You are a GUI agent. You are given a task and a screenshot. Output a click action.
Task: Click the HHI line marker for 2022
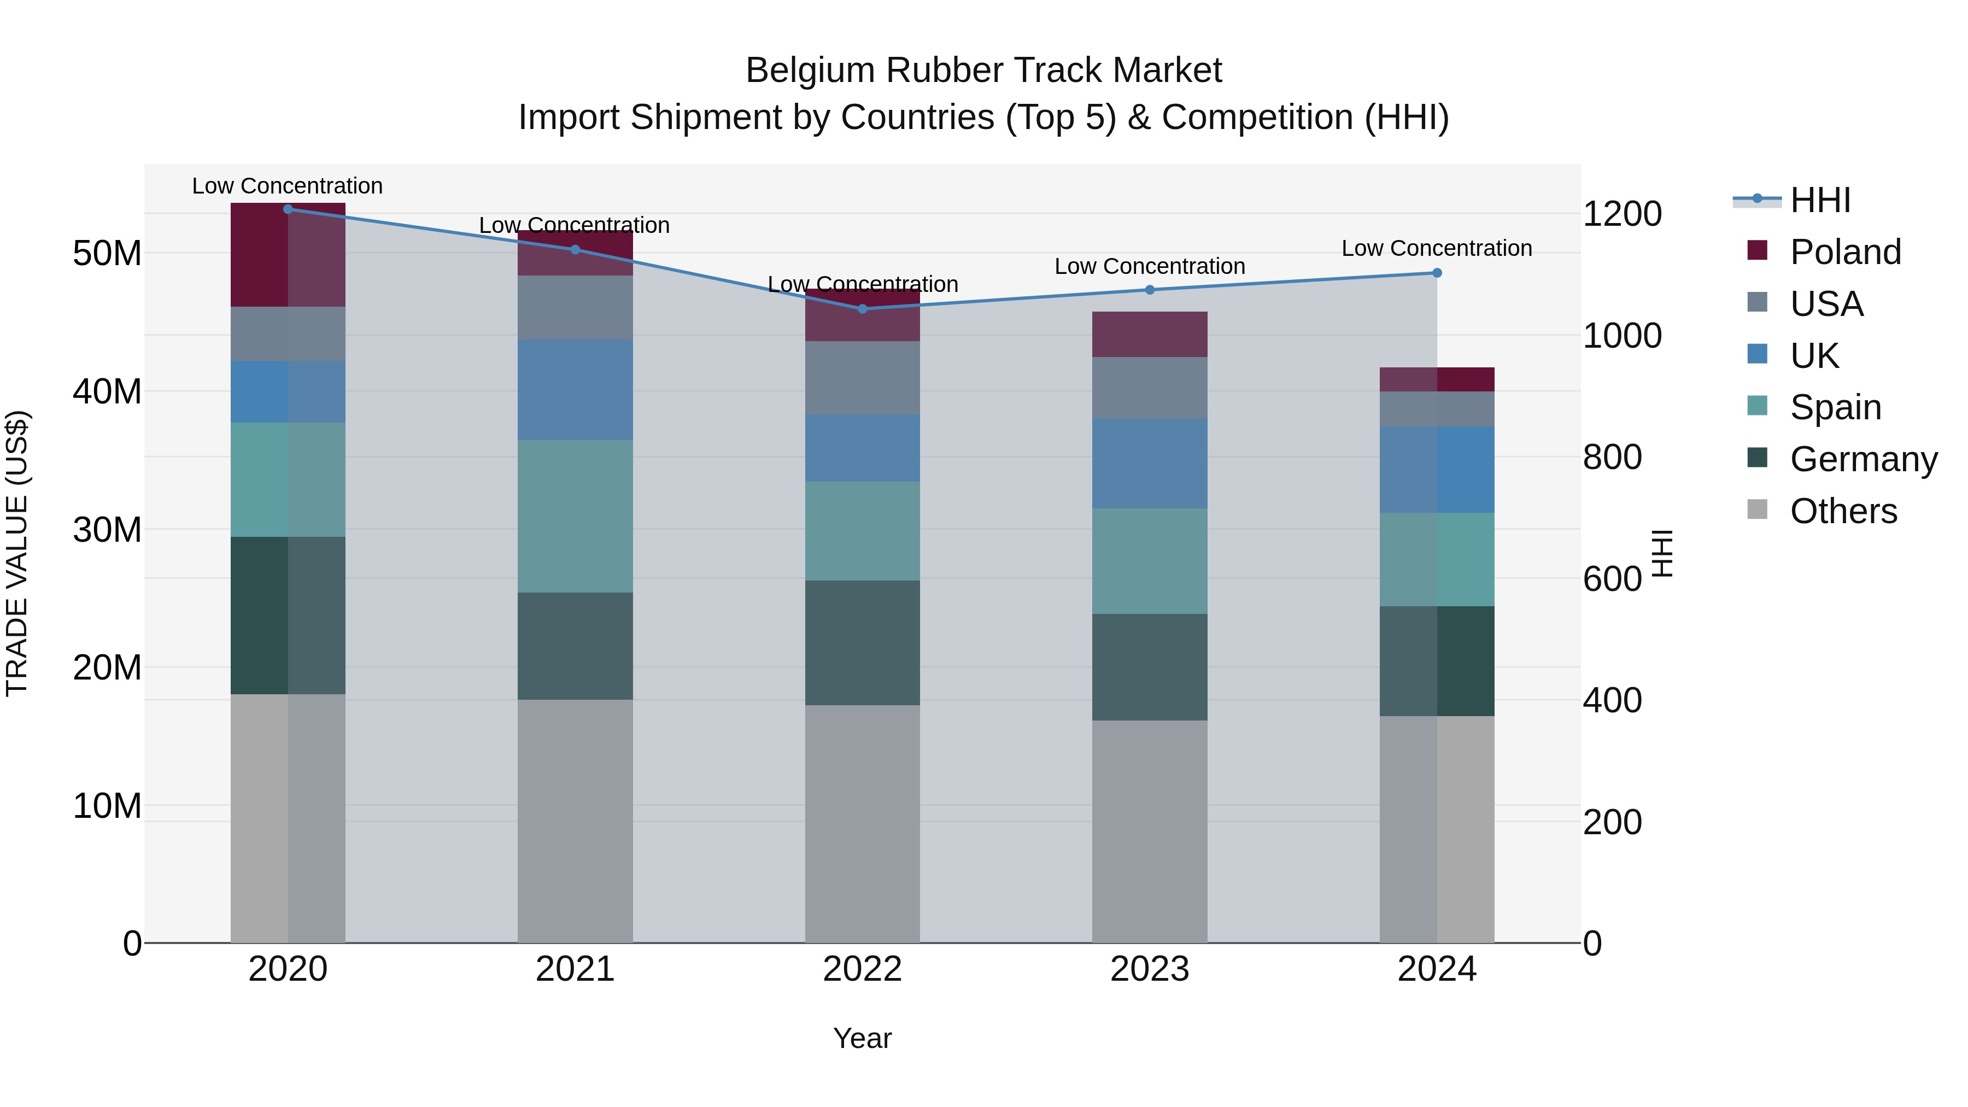click(863, 309)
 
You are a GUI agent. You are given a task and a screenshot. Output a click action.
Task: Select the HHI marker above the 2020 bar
click(288, 209)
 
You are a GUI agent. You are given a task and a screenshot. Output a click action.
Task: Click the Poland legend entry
click(1844, 252)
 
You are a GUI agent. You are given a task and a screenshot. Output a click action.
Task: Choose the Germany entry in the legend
click(1862, 459)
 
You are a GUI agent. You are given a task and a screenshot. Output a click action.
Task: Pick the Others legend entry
click(1843, 511)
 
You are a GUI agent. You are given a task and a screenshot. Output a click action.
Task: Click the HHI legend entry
click(1820, 200)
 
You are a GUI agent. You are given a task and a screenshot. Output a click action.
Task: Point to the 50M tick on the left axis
click(107, 253)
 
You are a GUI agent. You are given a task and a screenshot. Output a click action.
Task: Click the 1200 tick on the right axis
click(1622, 214)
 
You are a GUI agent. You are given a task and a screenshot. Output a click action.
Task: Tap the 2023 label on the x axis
click(1150, 969)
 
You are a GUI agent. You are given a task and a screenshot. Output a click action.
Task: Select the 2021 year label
click(575, 969)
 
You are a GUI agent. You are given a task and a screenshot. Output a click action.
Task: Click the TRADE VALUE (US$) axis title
click(17, 553)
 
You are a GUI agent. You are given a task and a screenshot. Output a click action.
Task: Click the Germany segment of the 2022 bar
click(863, 642)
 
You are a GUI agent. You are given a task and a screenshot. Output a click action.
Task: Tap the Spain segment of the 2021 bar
click(575, 517)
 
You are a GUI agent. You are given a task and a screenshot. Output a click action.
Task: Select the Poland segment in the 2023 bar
click(1150, 334)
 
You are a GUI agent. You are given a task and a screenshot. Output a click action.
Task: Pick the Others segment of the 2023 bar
click(1150, 831)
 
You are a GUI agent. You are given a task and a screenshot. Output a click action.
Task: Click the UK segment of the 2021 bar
click(575, 390)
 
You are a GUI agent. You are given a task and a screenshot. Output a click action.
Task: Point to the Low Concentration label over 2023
click(1150, 267)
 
